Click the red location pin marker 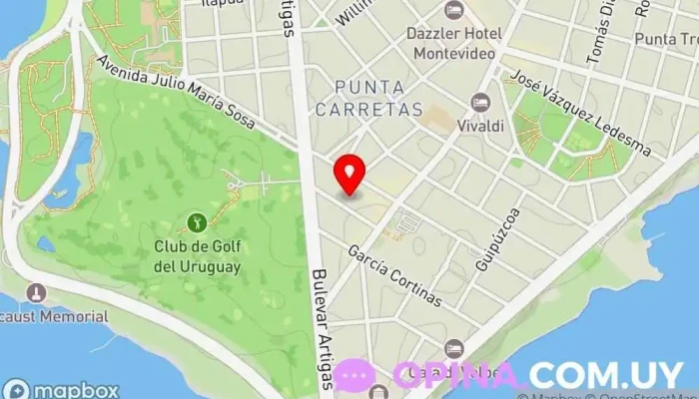(x=349, y=175)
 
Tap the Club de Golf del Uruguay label (x=198, y=257)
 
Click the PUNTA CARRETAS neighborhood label (x=378, y=97)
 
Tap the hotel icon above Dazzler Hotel (x=454, y=10)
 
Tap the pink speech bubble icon (x=354, y=375)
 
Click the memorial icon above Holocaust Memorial (x=37, y=293)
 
